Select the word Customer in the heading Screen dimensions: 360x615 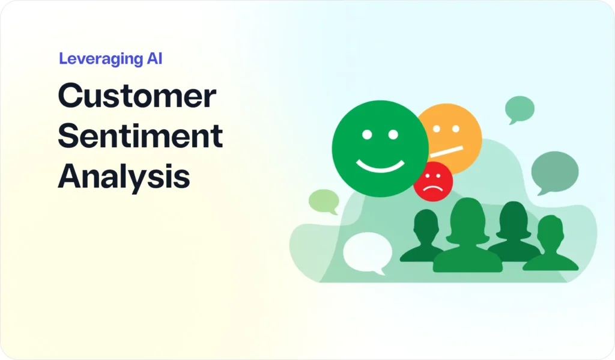137,97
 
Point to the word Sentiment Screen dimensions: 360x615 141,137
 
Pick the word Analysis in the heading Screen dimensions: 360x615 124,177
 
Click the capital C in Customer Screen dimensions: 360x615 70,97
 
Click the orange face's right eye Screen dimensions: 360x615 456,128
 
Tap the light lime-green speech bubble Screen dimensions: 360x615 324,201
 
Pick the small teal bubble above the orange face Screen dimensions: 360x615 520,109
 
